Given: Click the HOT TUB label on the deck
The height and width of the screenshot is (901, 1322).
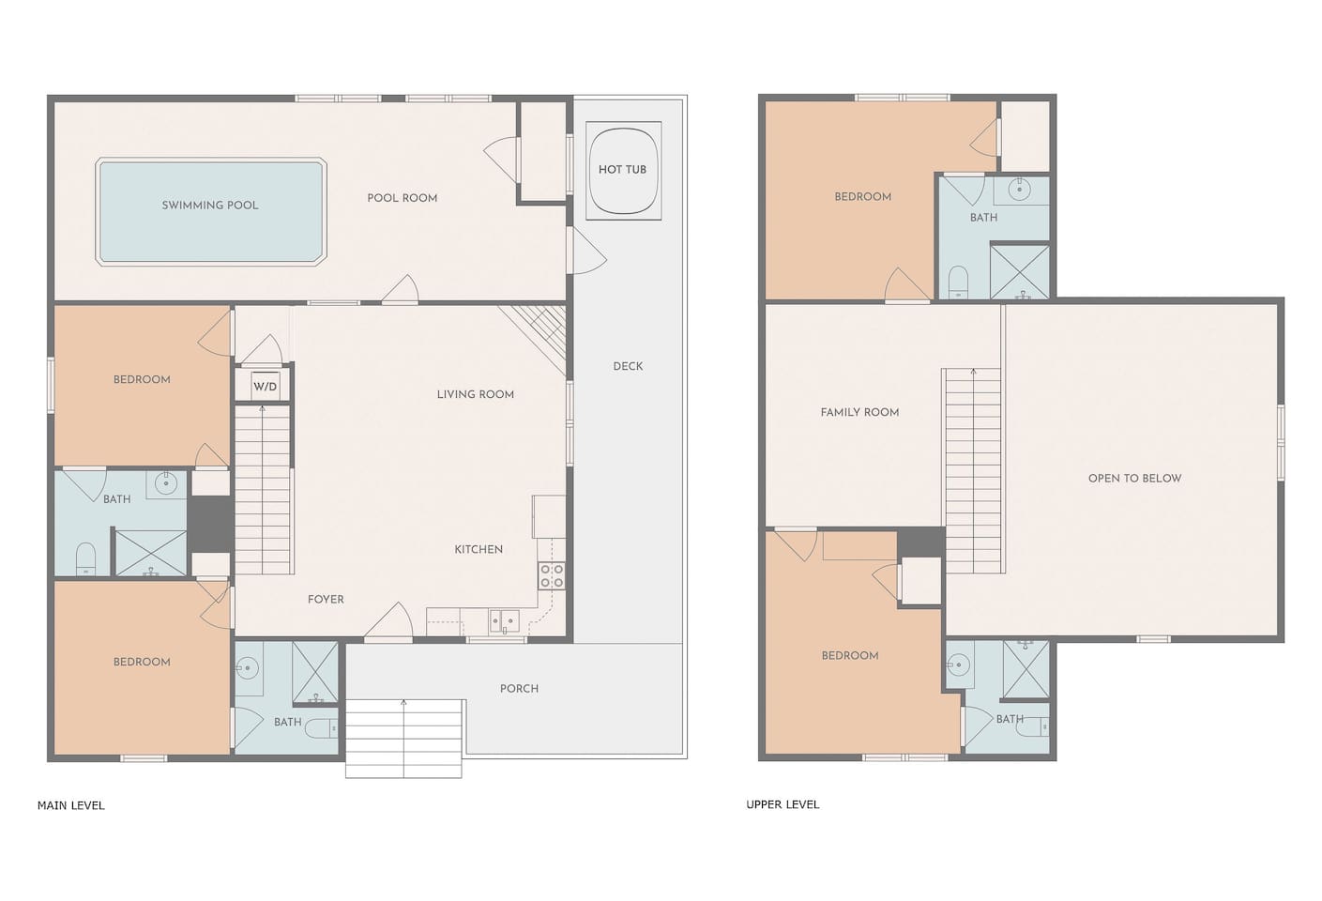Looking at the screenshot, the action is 622,170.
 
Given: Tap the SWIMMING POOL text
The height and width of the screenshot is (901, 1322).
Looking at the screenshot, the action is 210,206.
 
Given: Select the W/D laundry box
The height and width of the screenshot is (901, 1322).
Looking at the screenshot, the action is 265,387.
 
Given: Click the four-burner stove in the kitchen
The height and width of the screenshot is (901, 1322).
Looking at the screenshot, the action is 552,575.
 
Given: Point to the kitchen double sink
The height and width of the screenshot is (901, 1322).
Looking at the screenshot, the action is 504,621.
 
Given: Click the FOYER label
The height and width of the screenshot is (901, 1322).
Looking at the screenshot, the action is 326,600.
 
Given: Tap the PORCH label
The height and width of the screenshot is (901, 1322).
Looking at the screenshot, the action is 519,689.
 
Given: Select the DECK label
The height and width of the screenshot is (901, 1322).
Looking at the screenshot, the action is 628,366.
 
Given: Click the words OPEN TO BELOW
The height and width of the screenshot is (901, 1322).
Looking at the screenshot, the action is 1135,479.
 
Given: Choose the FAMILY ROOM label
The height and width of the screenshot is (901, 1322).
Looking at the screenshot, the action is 859,412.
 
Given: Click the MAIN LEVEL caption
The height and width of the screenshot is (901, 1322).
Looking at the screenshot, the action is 70,805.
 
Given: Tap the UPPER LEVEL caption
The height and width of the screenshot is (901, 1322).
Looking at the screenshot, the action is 783,804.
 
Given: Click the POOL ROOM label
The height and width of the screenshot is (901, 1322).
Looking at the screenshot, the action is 403,198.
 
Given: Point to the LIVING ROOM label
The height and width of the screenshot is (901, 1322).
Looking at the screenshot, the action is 475,394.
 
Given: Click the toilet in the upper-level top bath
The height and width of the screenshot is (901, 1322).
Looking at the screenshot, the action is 959,282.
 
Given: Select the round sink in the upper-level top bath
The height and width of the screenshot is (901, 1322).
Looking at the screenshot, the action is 1019,191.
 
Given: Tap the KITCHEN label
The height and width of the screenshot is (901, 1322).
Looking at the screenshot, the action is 479,549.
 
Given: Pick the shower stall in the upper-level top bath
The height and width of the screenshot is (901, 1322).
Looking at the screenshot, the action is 1019,271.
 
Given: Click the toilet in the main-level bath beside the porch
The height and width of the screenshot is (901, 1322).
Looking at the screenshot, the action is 322,728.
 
